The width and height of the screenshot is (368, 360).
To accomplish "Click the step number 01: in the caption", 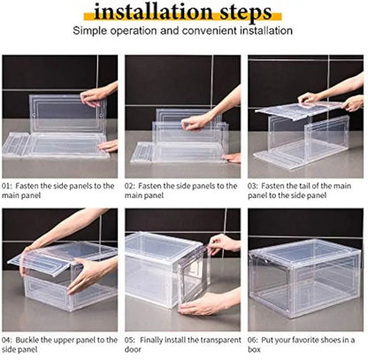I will point(9,186).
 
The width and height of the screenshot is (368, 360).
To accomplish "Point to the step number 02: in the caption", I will point(132,186).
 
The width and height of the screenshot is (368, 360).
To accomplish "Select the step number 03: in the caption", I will point(255,186).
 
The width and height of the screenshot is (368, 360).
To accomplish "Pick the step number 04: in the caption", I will point(9,339).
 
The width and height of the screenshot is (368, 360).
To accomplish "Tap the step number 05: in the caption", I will point(132,339).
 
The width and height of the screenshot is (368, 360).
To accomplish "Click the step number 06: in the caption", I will point(255,339).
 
